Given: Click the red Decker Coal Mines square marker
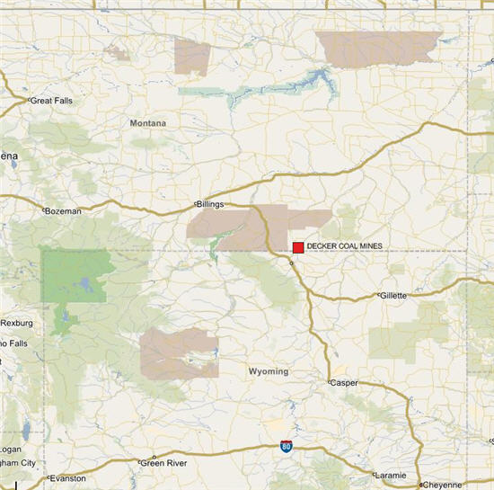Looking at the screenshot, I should (x=298, y=247).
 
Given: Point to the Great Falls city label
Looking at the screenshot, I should (x=52, y=101).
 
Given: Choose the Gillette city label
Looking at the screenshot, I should (x=393, y=295).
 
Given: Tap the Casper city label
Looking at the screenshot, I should (x=344, y=382).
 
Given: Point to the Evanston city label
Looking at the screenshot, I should (x=68, y=478).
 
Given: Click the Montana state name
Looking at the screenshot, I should (x=147, y=123).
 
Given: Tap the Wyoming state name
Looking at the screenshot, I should (x=268, y=371).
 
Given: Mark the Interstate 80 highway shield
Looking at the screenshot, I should (x=283, y=447).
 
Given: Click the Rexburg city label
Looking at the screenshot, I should (x=16, y=323).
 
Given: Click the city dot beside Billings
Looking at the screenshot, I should (x=196, y=204).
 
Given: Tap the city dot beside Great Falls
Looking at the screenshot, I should (x=29, y=101).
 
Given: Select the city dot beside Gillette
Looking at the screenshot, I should (x=378, y=295).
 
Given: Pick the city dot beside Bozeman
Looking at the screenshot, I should (x=45, y=210).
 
